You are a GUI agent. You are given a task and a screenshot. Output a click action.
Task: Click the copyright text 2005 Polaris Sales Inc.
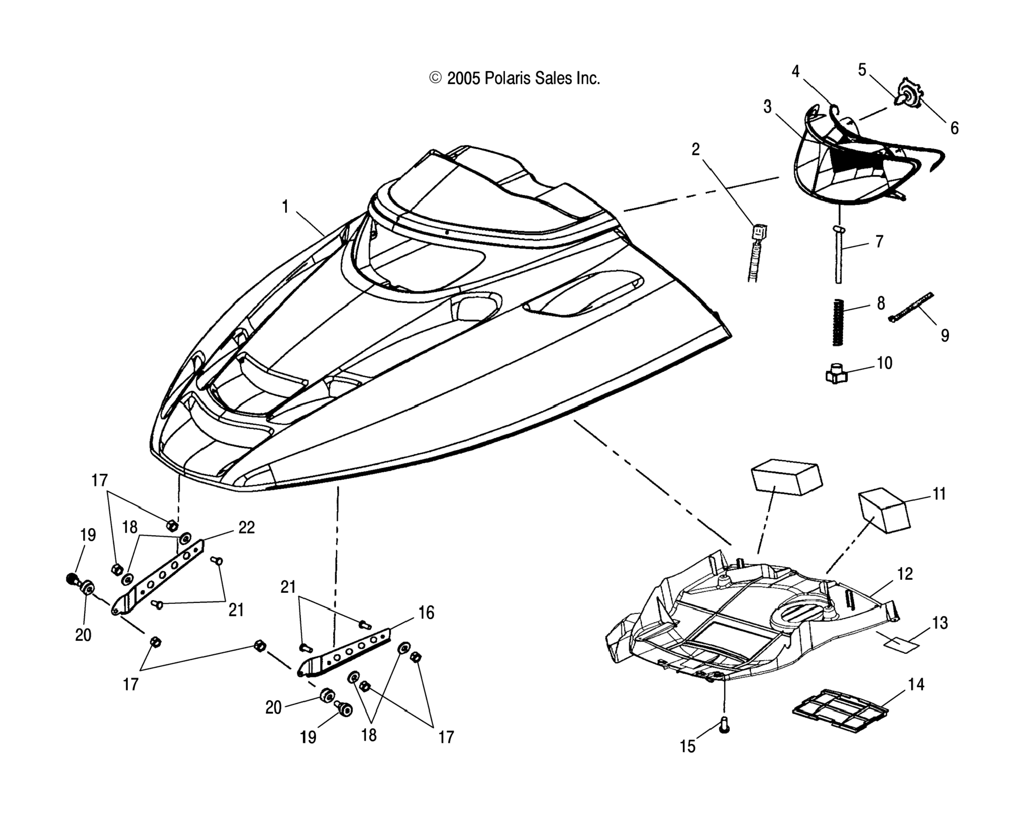point(515,78)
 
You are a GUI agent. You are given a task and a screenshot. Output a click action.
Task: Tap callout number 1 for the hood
point(285,207)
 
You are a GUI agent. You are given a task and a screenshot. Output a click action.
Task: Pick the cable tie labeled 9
point(911,307)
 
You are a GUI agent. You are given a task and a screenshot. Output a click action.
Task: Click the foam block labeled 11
point(884,510)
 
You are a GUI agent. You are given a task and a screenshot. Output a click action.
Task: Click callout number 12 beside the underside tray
point(905,574)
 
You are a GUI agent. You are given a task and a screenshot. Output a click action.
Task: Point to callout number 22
point(246,528)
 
